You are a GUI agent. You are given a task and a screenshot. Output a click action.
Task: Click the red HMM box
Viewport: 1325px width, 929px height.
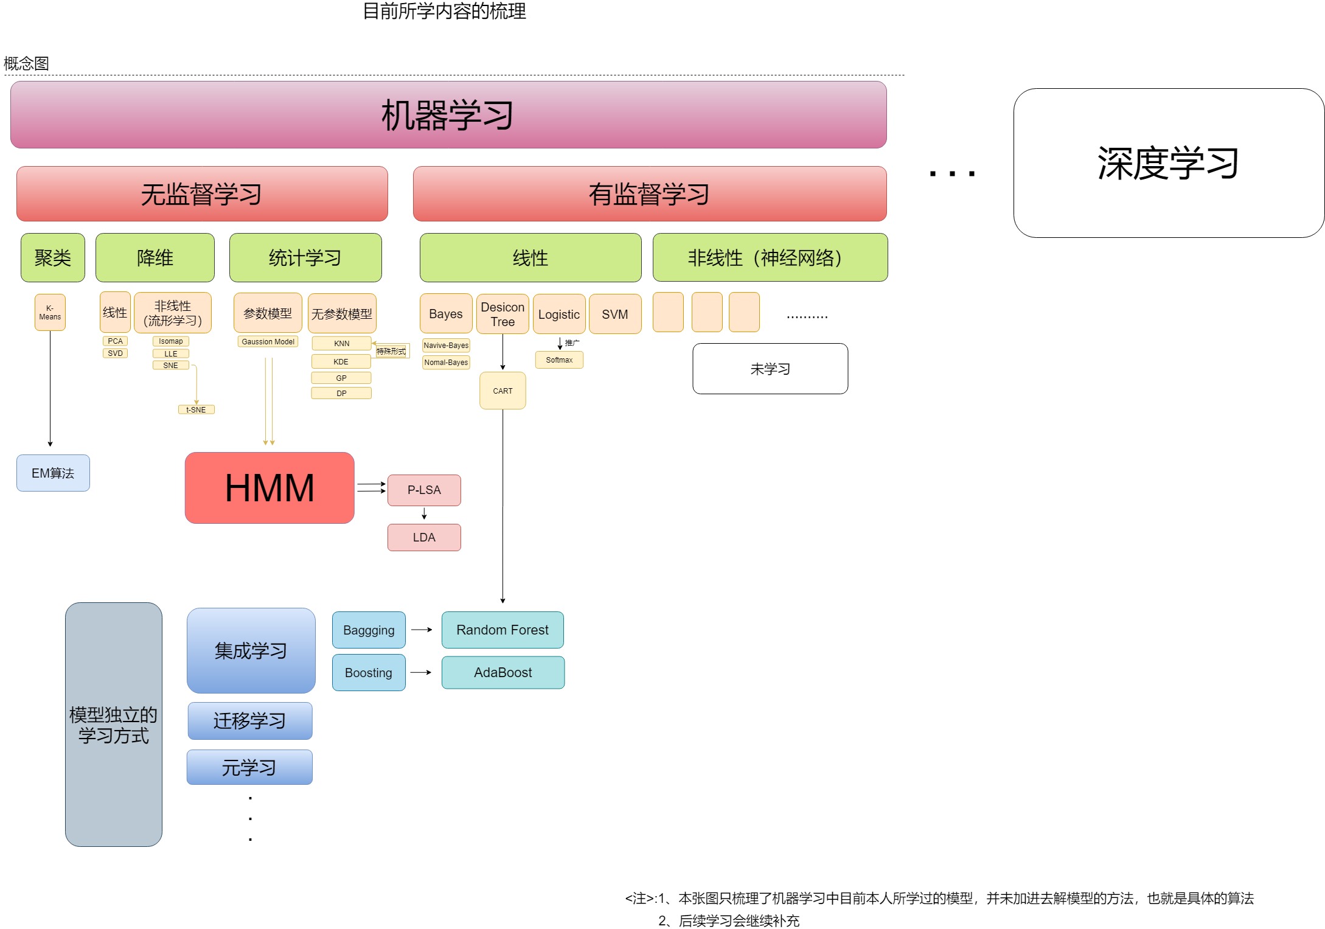tap(270, 488)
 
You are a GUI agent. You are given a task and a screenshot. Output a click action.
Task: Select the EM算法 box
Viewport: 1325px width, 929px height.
tap(53, 473)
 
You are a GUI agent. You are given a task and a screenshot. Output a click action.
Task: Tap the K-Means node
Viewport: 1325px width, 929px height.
tap(50, 313)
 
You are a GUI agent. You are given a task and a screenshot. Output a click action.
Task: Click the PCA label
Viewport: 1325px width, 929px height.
tap(115, 341)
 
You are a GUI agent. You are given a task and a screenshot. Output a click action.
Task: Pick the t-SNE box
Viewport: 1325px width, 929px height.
tap(196, 410)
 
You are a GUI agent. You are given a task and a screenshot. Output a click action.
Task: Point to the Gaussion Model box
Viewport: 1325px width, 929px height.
tap(268, 342)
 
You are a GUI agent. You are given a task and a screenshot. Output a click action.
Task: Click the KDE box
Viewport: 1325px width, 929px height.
tap(341, 362)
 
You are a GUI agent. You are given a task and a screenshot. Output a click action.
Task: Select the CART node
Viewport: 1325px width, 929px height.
tap(503, 391)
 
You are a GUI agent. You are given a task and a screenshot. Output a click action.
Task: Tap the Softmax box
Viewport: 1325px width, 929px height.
tap(559, 360)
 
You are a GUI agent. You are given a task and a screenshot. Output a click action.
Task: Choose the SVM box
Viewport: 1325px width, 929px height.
tap(614, 315)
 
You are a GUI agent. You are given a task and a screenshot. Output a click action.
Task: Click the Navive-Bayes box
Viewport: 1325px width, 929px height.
tap(446, 346)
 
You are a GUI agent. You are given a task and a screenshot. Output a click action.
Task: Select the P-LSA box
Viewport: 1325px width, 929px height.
tap(424, 490)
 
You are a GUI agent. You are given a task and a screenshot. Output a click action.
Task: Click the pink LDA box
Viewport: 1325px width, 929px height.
tap(424, 538)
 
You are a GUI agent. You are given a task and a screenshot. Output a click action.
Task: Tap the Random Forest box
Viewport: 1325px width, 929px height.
tap(503, 630)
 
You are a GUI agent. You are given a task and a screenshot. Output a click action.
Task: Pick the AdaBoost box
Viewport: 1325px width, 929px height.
tap(503, 673)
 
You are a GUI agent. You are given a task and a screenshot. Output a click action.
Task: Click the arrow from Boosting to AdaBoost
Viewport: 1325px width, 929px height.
tap(421, 673)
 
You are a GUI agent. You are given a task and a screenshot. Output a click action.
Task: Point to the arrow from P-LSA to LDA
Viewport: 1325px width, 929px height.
tap(424, 515)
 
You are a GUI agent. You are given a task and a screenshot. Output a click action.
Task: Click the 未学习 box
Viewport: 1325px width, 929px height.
tap(770, 369)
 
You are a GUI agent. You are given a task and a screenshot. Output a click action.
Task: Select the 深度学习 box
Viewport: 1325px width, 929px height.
tap(1168, 163)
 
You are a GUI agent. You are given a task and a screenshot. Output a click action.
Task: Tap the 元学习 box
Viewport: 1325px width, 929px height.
tap(249, 768)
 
